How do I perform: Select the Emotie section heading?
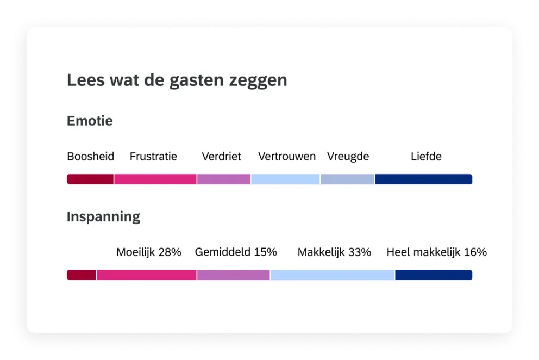coord(90,121)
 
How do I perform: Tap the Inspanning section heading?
coord(103,217)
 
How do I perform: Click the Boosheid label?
coord(91,157)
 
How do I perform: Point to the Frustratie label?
coord(153,157)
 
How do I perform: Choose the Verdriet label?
coord(221,157)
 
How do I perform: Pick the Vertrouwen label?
coord(287,157)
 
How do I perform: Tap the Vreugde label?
coord(348,157)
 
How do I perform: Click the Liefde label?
coord(426,157)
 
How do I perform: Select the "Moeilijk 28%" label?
coord(149,252)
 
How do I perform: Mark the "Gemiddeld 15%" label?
coord(236,252)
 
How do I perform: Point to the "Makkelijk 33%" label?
coord(334,252)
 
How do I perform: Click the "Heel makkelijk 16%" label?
coord(436,252)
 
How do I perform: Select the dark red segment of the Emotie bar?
coord(90,179)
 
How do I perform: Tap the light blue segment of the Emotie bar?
coord(285,179)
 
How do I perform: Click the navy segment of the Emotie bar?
coord(423,179)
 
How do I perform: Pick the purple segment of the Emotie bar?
coord(223,179)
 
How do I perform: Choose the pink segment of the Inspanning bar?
coord(147,275)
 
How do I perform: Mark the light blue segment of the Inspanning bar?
coord(333,275)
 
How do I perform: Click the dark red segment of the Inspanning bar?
coord(82,275)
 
